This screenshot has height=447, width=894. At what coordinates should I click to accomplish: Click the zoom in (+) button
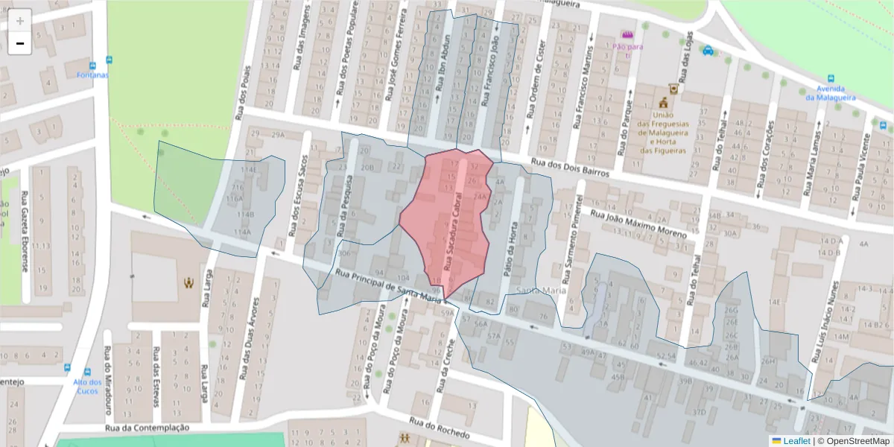point(19,20)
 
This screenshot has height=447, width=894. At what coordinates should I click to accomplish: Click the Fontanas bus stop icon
point(110,60)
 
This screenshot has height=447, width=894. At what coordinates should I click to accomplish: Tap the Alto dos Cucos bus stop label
point(87,386)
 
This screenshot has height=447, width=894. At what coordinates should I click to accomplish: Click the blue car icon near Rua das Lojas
point(708,51)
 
